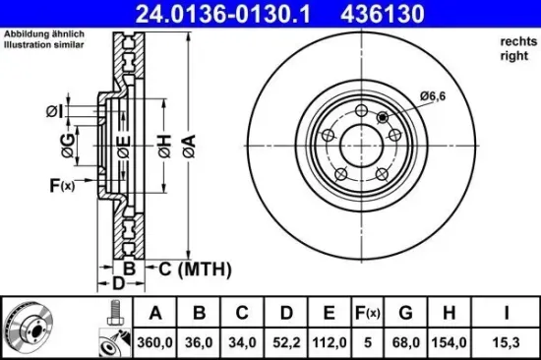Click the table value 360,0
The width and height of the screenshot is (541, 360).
pyautogui.click(x=155, y=343)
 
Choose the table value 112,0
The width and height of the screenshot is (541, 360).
pyautogui.click(x=327, y=343)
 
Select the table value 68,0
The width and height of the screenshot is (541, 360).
pyautogui.click(x=404, y=343)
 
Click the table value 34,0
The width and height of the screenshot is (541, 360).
pyautogui.click(x=241, y=343)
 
